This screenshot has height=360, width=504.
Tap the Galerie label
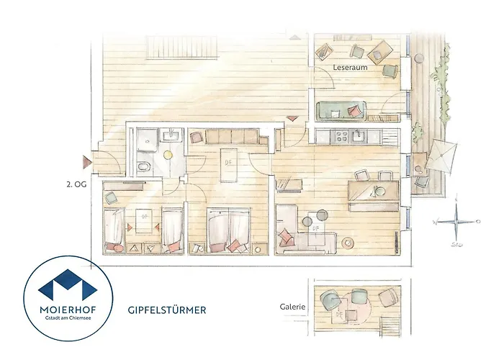[x=293, y=306]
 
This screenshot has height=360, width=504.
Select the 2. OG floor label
[x=75, y=184]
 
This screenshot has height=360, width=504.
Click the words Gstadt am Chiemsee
[x=60, y=320]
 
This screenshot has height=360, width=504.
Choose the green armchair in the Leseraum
[x=391, y=70]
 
